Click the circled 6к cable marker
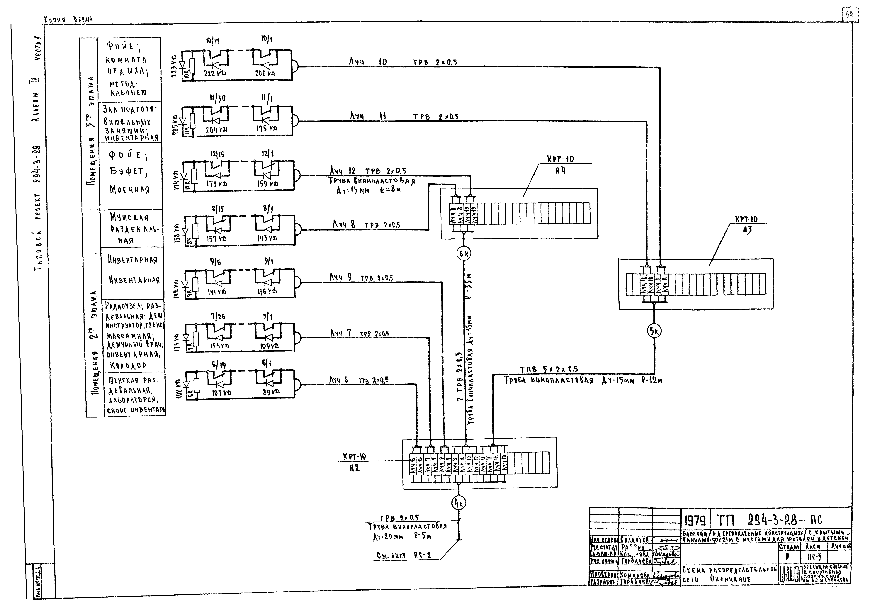tap(464, 253)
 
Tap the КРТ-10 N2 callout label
tap(354, 462)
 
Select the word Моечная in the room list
tap(130, 189)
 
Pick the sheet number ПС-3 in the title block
tap(815, 557)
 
